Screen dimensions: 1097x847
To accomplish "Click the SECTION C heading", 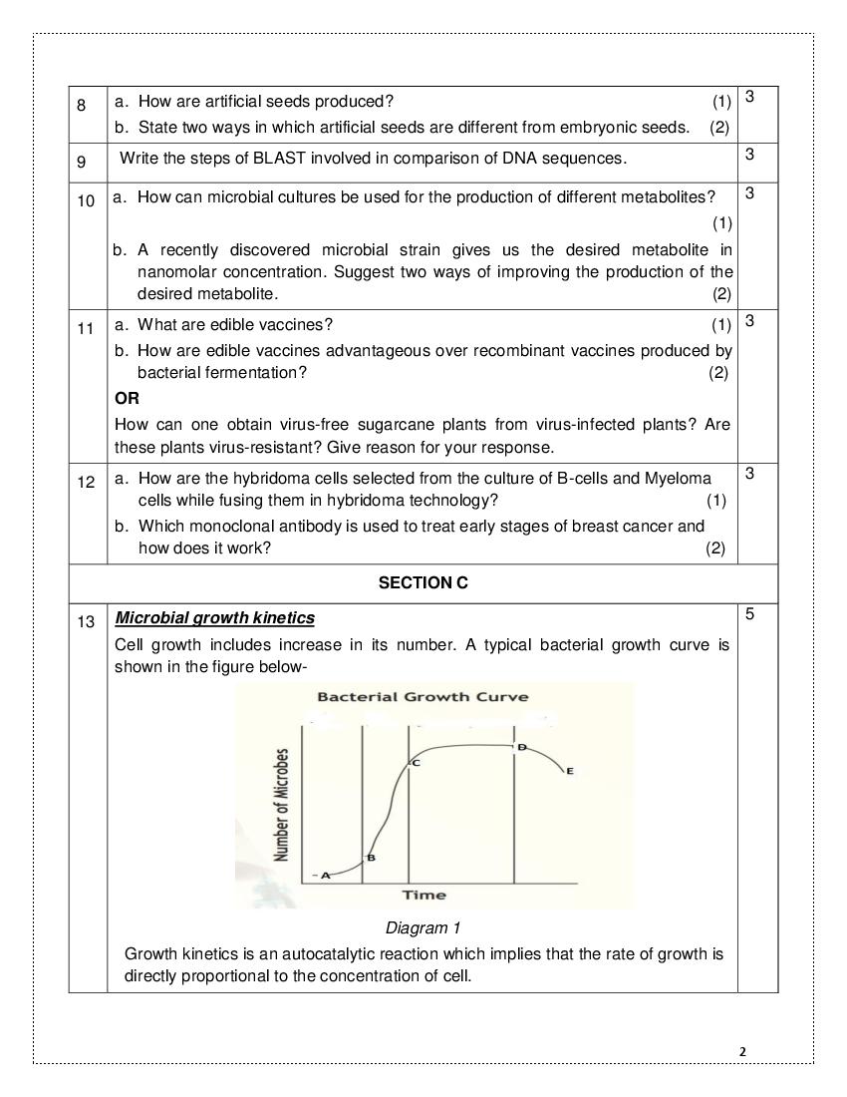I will click(423, 582).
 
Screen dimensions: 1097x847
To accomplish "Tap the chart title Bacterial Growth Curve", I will click(423, 697).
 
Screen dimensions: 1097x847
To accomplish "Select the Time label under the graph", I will click(423, 895).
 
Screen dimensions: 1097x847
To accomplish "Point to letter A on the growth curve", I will click(325, 874).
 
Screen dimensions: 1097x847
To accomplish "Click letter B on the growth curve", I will click(371, 858).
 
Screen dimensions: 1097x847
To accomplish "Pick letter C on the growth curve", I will click(416, 763).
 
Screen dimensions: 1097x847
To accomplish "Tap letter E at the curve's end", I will click(569, 771).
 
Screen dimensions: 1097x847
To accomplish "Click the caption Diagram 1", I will click(423, 928).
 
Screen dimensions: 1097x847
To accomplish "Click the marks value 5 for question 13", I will click(749, 613).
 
